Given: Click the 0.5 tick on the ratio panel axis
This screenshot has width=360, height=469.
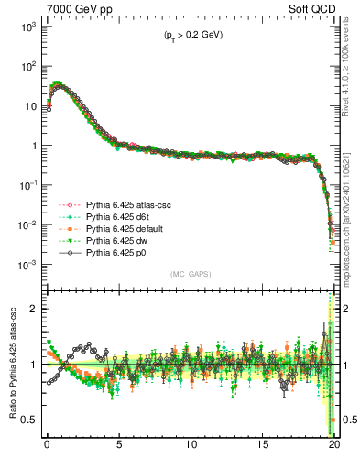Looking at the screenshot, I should click(x=29, y=420).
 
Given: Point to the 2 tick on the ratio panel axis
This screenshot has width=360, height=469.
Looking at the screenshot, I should click(x=34, y=309).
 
